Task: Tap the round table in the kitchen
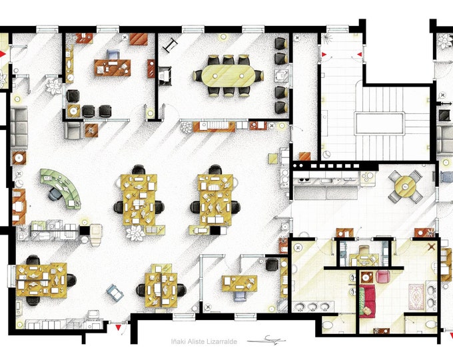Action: point(405,186)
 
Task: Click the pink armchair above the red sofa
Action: point(384,277)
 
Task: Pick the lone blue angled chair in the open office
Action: point(115,291)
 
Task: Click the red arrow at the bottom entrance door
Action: point(119,328)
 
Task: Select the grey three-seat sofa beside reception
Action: point(19,127)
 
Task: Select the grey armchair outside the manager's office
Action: point(73,129)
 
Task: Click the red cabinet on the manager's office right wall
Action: point(151,69)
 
